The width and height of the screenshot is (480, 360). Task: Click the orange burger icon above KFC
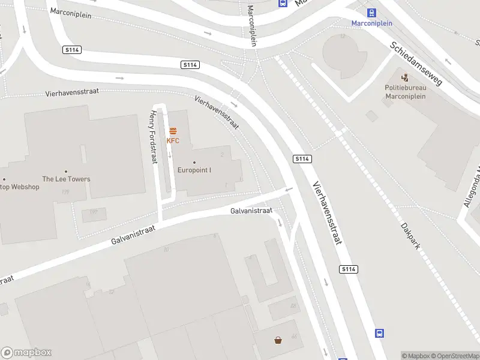173,131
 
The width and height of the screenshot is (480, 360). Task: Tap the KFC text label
173,141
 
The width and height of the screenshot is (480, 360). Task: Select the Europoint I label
194,170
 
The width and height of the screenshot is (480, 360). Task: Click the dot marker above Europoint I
194,162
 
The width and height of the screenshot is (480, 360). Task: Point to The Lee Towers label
66,179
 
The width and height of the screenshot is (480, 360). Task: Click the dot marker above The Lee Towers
66,171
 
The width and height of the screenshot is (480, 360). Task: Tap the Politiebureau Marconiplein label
405,91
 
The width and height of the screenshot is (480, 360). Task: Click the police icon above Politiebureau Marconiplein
405,77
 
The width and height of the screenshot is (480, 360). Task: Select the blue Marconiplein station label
372,23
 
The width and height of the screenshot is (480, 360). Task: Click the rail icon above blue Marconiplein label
372,12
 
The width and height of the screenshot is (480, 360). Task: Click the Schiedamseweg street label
416,63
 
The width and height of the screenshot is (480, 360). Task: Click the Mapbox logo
26,352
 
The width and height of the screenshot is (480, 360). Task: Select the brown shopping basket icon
278,341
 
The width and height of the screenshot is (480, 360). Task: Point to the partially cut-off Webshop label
19,187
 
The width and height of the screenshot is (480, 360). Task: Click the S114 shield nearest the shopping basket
349,269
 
